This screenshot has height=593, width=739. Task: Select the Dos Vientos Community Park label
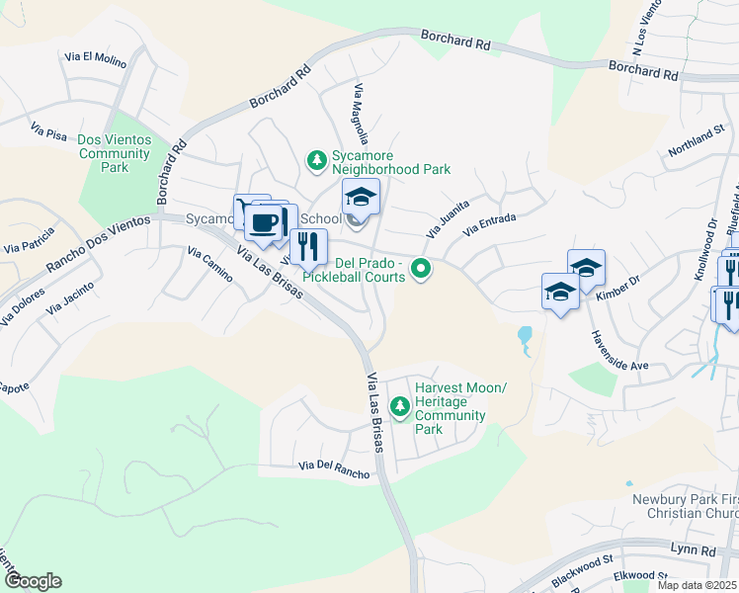pyautogui.click(x=115, y=153)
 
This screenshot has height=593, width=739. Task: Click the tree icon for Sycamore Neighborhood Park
pyautogui.click(x=316, y=160)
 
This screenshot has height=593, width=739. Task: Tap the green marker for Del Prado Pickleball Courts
pyautogui.click(x=422, y=268)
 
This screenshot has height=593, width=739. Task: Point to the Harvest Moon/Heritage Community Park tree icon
pyautogui.click(x=400, y=406)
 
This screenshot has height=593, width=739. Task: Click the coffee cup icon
pyautogui.click(x=263, y=222)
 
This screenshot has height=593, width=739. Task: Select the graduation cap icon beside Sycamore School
pyautogui.click(x=361, y=197)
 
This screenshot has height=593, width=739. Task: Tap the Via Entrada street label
pyautogui.click(x=490, y=224)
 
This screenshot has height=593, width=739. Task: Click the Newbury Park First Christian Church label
pyautogui.click(x=685, y=506)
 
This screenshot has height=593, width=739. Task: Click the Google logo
pyautogui.click(x=33, y=581)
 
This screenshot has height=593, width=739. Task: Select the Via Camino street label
pyautogui.click(x=208, y=265)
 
